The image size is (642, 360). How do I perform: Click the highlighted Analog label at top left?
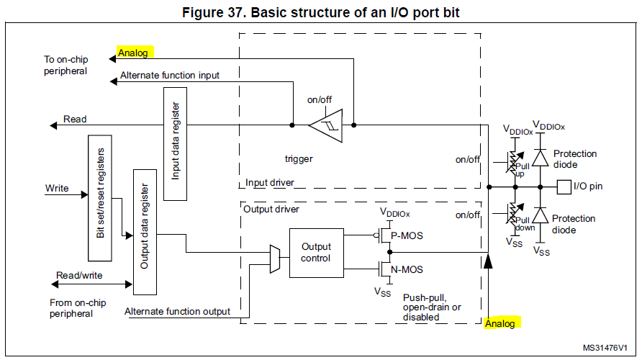tap(134, 53)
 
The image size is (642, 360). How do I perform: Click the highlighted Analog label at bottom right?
tap(500, 324)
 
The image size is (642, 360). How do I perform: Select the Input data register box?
tap(175, 143)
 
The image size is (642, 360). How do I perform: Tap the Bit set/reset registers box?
tap(99, 198)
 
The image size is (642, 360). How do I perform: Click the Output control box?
tap(316, 253)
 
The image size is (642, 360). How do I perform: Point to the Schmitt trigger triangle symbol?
tap(325, 125)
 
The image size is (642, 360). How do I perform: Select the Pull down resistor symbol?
tap(515, 214)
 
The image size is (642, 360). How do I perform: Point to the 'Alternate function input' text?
tap(170, 75)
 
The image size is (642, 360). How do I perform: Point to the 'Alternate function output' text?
tap(178, 311)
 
